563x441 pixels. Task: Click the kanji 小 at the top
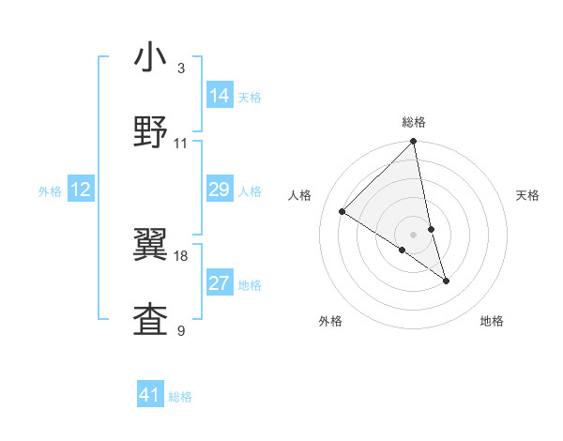(x=151, y=58)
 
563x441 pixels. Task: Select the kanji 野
(x=151, y=132)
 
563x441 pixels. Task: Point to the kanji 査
(x=151, y=319)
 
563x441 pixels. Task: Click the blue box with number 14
(x=220, y=96)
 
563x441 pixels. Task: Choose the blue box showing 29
(x=220, y=190)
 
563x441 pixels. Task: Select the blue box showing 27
(x=220, y=283)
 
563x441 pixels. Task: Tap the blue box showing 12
(x=81, y=190)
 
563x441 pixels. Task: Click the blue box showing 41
(x=150, y=395)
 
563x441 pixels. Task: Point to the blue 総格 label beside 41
(x=180, y=397)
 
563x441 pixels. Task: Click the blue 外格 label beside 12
(x=50, y=191)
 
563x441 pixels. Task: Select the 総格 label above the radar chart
(x=414, y=122)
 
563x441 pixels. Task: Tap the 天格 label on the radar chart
(x=527, y=195)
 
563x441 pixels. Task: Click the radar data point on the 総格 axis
(x=414, y=142)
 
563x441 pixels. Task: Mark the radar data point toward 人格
(x=342, y=211)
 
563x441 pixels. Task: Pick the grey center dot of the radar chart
(x=414, y=234)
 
